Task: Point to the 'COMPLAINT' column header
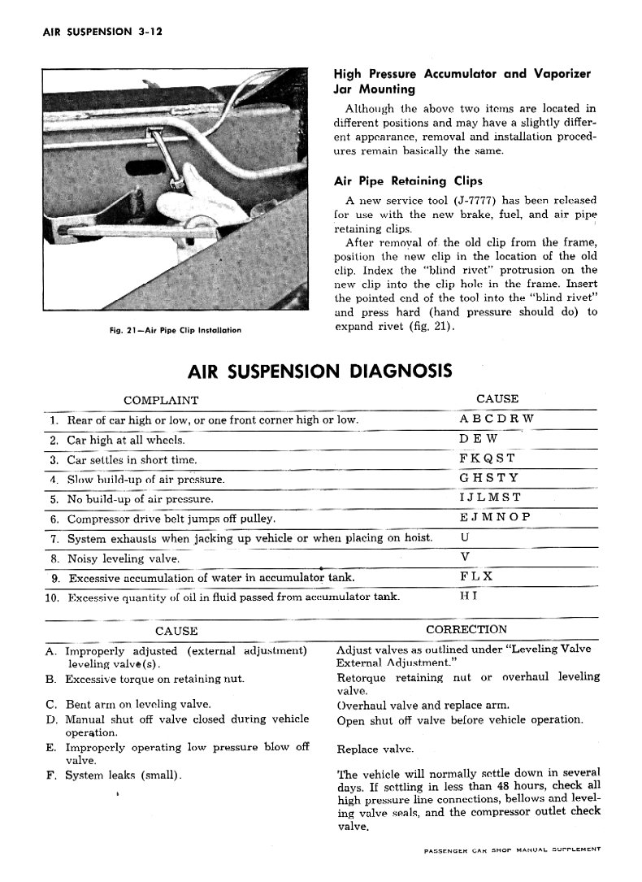[x=161, y=400]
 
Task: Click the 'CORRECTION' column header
[x=466, y=629]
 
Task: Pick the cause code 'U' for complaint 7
[x=464, y=538]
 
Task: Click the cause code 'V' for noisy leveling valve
[x=464, y=558]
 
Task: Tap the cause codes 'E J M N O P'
[x=494, y=518]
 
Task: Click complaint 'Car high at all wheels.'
[x=125, y=440]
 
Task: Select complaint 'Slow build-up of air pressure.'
[x=145, y=480]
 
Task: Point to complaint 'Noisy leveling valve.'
[x=123, y=558]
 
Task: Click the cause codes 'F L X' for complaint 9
[x=475, y=577]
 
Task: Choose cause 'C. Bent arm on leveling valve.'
[x=128, y=704]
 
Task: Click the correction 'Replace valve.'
[x=375, y=749]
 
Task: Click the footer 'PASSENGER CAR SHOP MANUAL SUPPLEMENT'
[x=512, y=849]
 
